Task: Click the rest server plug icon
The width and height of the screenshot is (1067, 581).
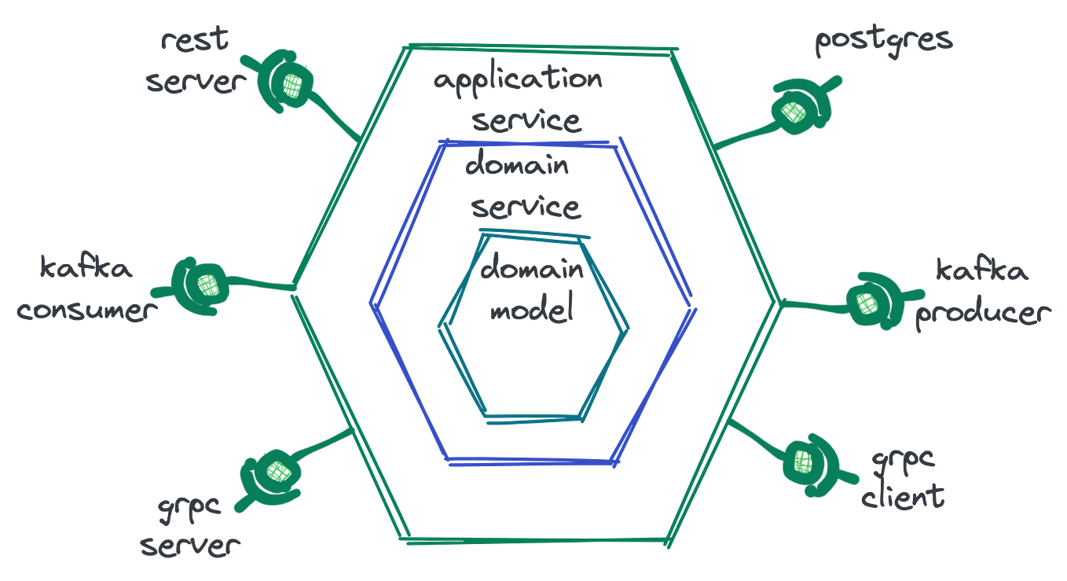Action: (x=288, y=82)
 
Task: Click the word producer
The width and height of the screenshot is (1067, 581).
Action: (x=982, y=314)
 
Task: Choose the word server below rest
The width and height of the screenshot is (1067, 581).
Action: (x=193, y=82)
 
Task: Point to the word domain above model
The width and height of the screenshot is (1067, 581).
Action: (x=532, y=270)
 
